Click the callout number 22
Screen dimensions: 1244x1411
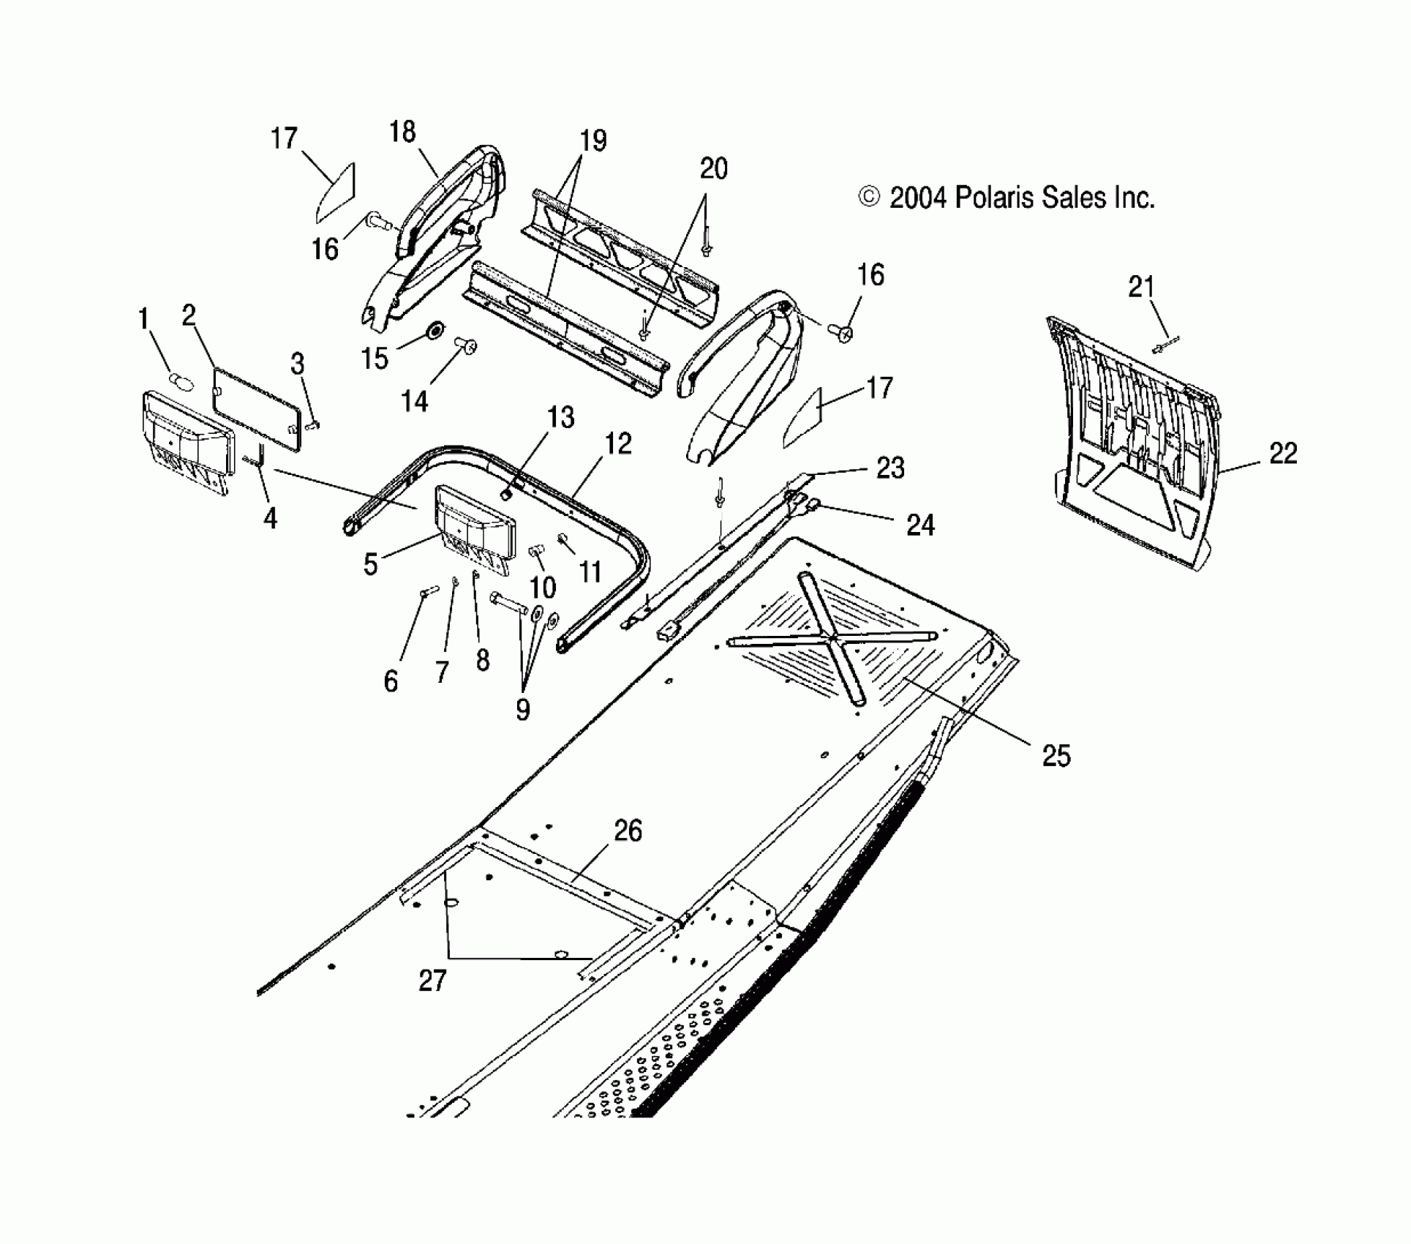tap(1283, 454)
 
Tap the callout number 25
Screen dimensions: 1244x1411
tap(1056, 756)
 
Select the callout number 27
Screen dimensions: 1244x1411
tap(432, 980)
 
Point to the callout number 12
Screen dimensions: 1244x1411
tap(618, 444)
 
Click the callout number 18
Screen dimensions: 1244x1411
tap(402, 132)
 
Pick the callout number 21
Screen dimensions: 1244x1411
tap(1141, 288)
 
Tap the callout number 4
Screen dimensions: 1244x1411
tap(270, 519)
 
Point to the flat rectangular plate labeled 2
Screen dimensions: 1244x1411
tap(256, 408)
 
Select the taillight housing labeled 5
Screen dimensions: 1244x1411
tap(476, 524)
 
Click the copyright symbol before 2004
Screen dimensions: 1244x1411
tap(868, 198)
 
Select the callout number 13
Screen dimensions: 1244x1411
tap(561, 418)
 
